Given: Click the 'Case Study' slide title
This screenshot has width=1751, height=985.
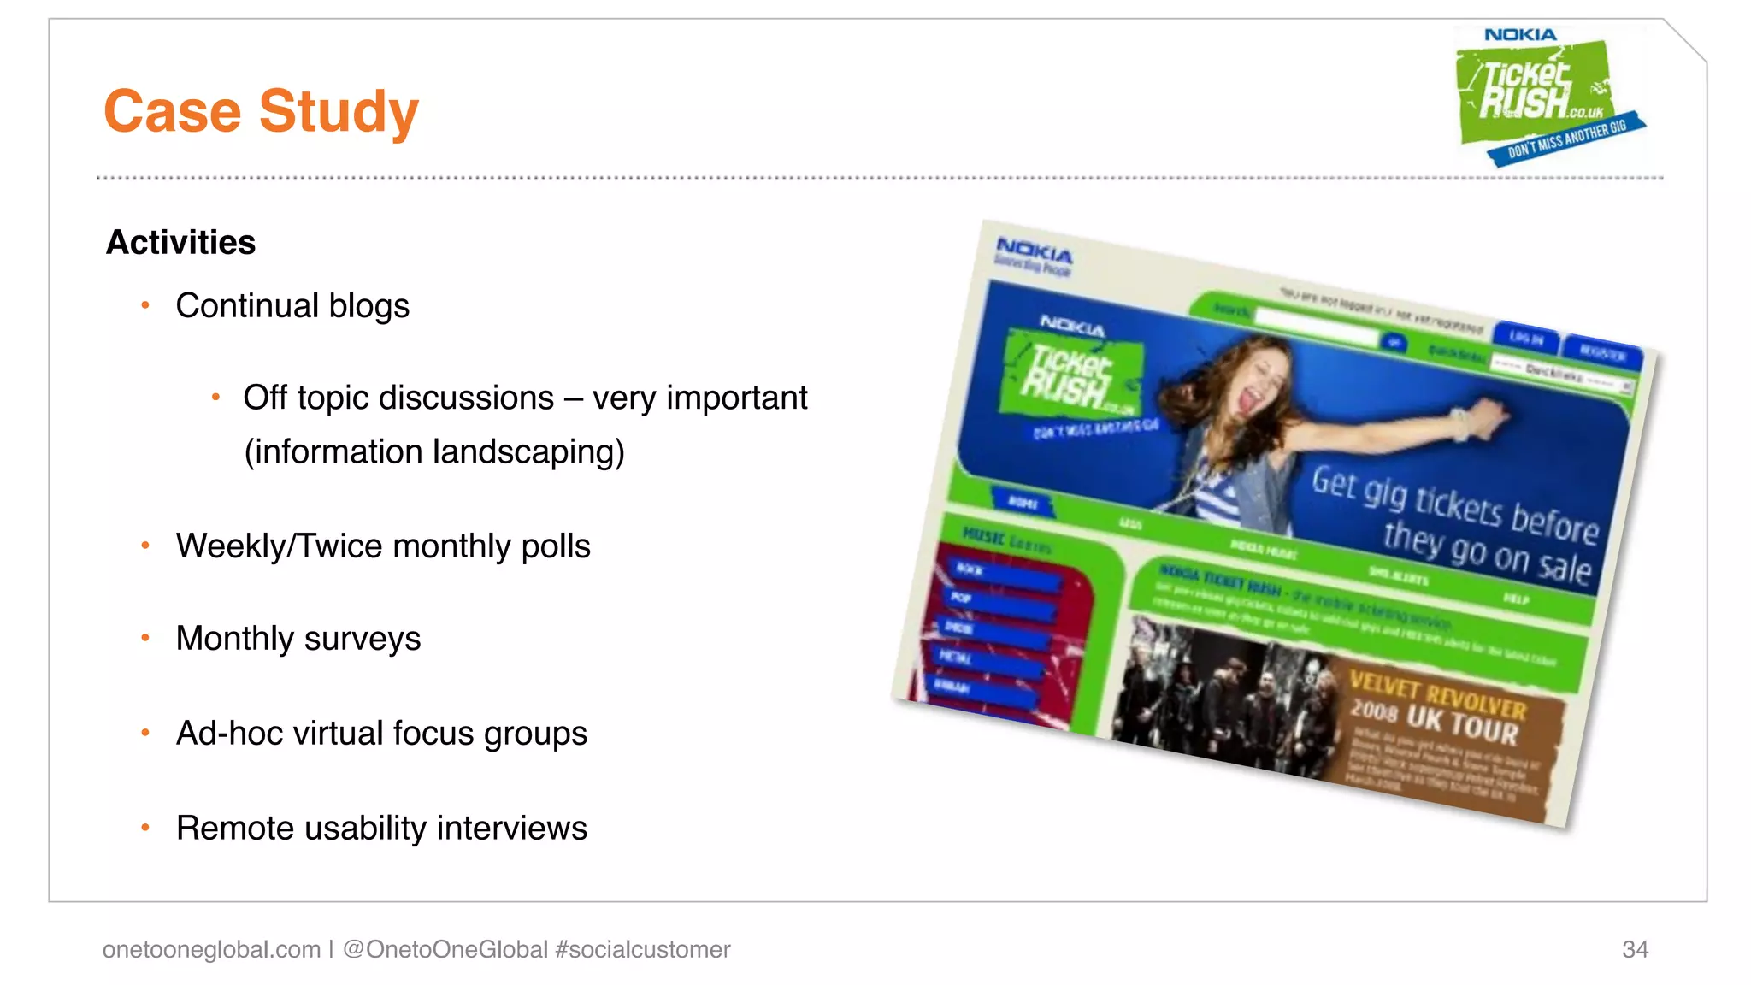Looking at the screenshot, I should (261, 111).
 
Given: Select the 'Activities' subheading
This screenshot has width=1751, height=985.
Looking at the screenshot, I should (180, 243).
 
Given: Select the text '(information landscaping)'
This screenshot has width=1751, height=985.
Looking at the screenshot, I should (434, 452).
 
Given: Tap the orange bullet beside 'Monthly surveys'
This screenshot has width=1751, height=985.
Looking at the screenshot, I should (146, 638).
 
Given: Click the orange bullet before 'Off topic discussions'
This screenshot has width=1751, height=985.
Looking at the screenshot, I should (216, 397).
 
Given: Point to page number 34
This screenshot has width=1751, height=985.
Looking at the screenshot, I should (1635, 950).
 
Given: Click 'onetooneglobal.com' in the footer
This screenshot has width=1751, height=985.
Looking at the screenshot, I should (211, 950).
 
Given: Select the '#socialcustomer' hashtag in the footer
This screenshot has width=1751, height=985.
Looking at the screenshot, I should (642, 950).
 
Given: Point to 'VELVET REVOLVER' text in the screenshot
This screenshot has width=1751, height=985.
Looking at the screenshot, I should (1437, 694).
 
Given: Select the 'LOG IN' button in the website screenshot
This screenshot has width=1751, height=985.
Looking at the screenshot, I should (1526, 338).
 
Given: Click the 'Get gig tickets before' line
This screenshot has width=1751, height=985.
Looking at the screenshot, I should (1454, 504).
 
